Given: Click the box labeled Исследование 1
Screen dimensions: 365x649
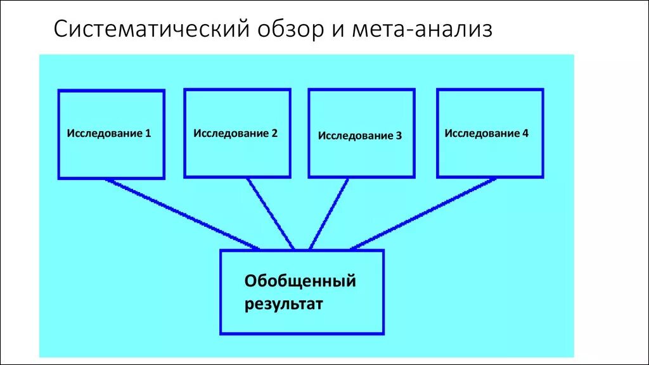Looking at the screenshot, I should pos(111,152).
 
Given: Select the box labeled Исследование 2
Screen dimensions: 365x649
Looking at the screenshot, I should pos(237,152).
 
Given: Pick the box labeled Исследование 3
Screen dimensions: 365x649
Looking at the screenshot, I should pos(361,155).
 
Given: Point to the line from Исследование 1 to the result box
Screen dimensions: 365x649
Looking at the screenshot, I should pos(183,214).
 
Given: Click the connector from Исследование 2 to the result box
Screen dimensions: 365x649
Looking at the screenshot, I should pos(271,214).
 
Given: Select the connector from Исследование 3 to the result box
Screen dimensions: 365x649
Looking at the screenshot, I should pos(328,214).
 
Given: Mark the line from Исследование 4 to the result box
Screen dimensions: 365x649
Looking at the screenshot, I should pos(423,214).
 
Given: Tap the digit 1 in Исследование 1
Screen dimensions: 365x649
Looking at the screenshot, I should pos(148,134).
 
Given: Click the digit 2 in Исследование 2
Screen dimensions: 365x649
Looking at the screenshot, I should pos(274,134).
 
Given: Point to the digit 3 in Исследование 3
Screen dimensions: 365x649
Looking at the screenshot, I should pos(399,136).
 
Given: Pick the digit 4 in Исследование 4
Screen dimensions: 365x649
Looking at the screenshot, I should pos(525,134).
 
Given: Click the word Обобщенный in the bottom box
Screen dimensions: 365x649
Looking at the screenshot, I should pos(300,281).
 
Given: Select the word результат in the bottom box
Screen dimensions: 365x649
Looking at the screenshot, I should pos(284,304).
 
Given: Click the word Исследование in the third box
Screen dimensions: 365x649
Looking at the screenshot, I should pos(356,136).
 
